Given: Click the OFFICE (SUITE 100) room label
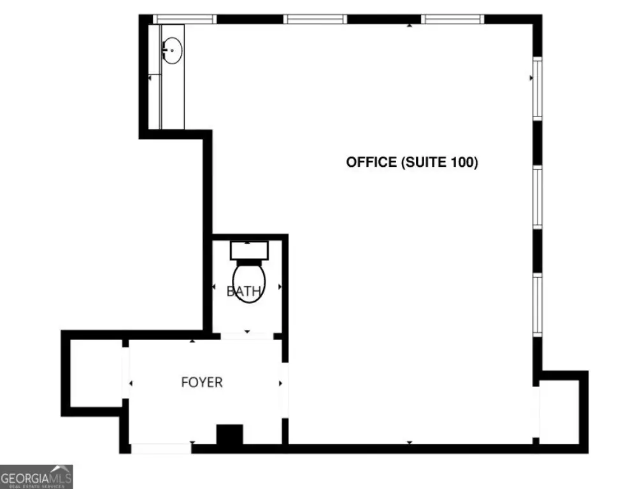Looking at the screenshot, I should coord(411,162).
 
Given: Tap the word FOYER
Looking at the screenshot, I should coord(202,383).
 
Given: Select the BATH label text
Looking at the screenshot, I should coord(244,292).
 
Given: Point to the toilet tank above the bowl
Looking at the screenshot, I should coord(248,250).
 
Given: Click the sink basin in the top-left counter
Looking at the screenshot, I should coord(171,50).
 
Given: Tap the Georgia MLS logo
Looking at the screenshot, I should coord(36,476).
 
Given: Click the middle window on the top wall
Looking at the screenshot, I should coord(316,19).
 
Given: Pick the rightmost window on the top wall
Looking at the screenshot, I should coord(453,19).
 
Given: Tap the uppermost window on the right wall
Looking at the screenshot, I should coord(538,88).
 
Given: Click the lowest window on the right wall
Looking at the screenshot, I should coord(538,304).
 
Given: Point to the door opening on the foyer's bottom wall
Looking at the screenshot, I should coord(161,448).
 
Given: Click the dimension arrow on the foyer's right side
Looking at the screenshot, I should coord(280,383).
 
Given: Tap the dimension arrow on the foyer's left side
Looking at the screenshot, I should coord(131,383).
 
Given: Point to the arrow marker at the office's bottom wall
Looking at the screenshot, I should coord(409,441).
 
